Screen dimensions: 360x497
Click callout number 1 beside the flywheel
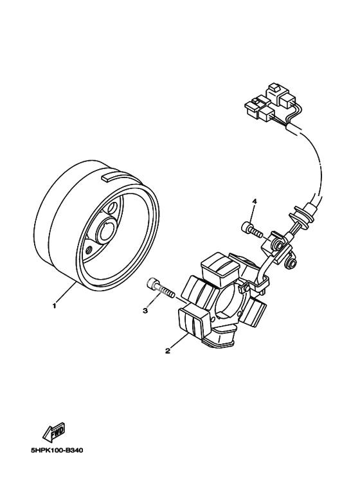click(x=54, y=306)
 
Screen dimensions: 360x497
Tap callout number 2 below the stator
click(x=167, y=350)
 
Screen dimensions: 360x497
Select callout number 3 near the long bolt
click(x=145, y=311)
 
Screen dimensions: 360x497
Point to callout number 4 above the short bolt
click(x=254, y=201)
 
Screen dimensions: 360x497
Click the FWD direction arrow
click(x=54, y=431)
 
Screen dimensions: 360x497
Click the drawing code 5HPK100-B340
click(x=57, y=451)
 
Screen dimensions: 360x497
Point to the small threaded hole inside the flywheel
click(x=89, y=249)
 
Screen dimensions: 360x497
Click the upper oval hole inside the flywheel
click(x=112, y=208)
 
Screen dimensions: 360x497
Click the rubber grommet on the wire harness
click(x=298, y=217)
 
